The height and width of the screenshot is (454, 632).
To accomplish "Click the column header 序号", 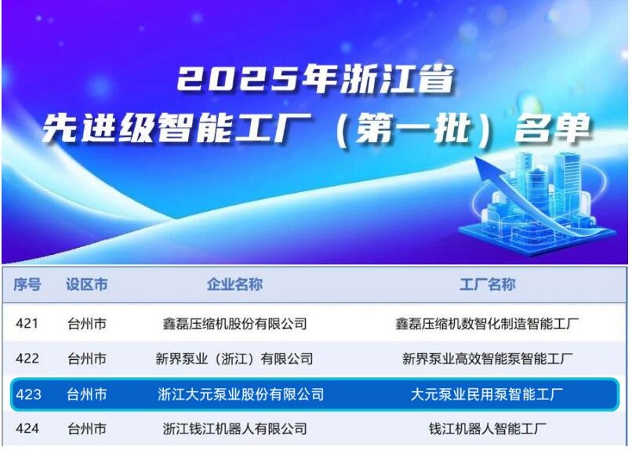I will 27,285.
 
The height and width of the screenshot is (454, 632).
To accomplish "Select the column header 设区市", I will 87,285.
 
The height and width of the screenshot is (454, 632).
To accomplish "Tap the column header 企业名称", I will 234,285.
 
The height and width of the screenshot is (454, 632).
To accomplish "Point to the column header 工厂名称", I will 487,285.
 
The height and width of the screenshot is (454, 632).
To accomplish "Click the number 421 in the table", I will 27,323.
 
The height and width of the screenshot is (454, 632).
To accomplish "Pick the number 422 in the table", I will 27,358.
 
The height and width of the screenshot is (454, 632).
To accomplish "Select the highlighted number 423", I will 27,394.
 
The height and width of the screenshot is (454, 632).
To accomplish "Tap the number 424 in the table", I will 27,429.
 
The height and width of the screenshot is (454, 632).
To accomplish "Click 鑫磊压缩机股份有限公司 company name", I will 234,323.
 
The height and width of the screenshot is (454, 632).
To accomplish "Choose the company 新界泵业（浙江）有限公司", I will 234,358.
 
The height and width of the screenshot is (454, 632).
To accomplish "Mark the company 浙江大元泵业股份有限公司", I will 241,394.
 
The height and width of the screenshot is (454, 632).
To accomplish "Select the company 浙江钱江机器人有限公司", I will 234,429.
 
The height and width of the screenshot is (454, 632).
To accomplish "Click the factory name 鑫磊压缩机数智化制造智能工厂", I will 487,323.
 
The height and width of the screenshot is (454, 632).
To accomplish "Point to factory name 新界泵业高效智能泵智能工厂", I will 487,358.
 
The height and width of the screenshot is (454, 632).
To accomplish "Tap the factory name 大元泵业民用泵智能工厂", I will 487,394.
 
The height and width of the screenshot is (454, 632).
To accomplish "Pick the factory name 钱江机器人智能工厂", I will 487,429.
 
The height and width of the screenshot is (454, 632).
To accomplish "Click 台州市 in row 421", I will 87,323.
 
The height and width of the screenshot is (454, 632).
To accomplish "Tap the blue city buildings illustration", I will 541,192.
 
